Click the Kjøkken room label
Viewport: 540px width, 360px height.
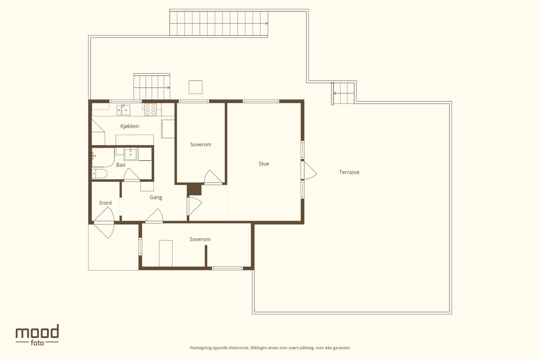click(x=130, y=126)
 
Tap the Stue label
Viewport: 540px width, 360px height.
click(x=264, y=164)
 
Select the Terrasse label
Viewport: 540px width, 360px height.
click(x=349, y=172)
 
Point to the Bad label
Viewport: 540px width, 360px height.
click(x=120, y=165)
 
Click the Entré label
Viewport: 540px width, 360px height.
click(x=106, y=203)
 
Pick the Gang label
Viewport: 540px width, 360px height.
click(x=156, y=197)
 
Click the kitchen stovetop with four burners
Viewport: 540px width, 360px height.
click(x=151, y=109)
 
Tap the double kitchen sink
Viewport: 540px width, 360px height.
click(x=124, y=110)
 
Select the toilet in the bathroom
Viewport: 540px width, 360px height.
click(x=99, y=173)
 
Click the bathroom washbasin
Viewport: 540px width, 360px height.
click(x=130, y=154)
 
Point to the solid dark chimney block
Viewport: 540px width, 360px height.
click(x=194, y=189)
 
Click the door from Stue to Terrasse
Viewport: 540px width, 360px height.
click(x=310, y=170)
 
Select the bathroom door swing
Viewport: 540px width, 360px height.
click(x=131, y=174)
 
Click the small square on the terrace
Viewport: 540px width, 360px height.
click(x=195, y=87)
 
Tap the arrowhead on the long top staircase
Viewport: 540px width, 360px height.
click(x=267, y=23)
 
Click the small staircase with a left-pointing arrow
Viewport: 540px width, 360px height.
click(x=343, y=93)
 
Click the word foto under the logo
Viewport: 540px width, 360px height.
click(x=37, y=343)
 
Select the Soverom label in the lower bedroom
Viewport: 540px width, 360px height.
click(x=200, y=239)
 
